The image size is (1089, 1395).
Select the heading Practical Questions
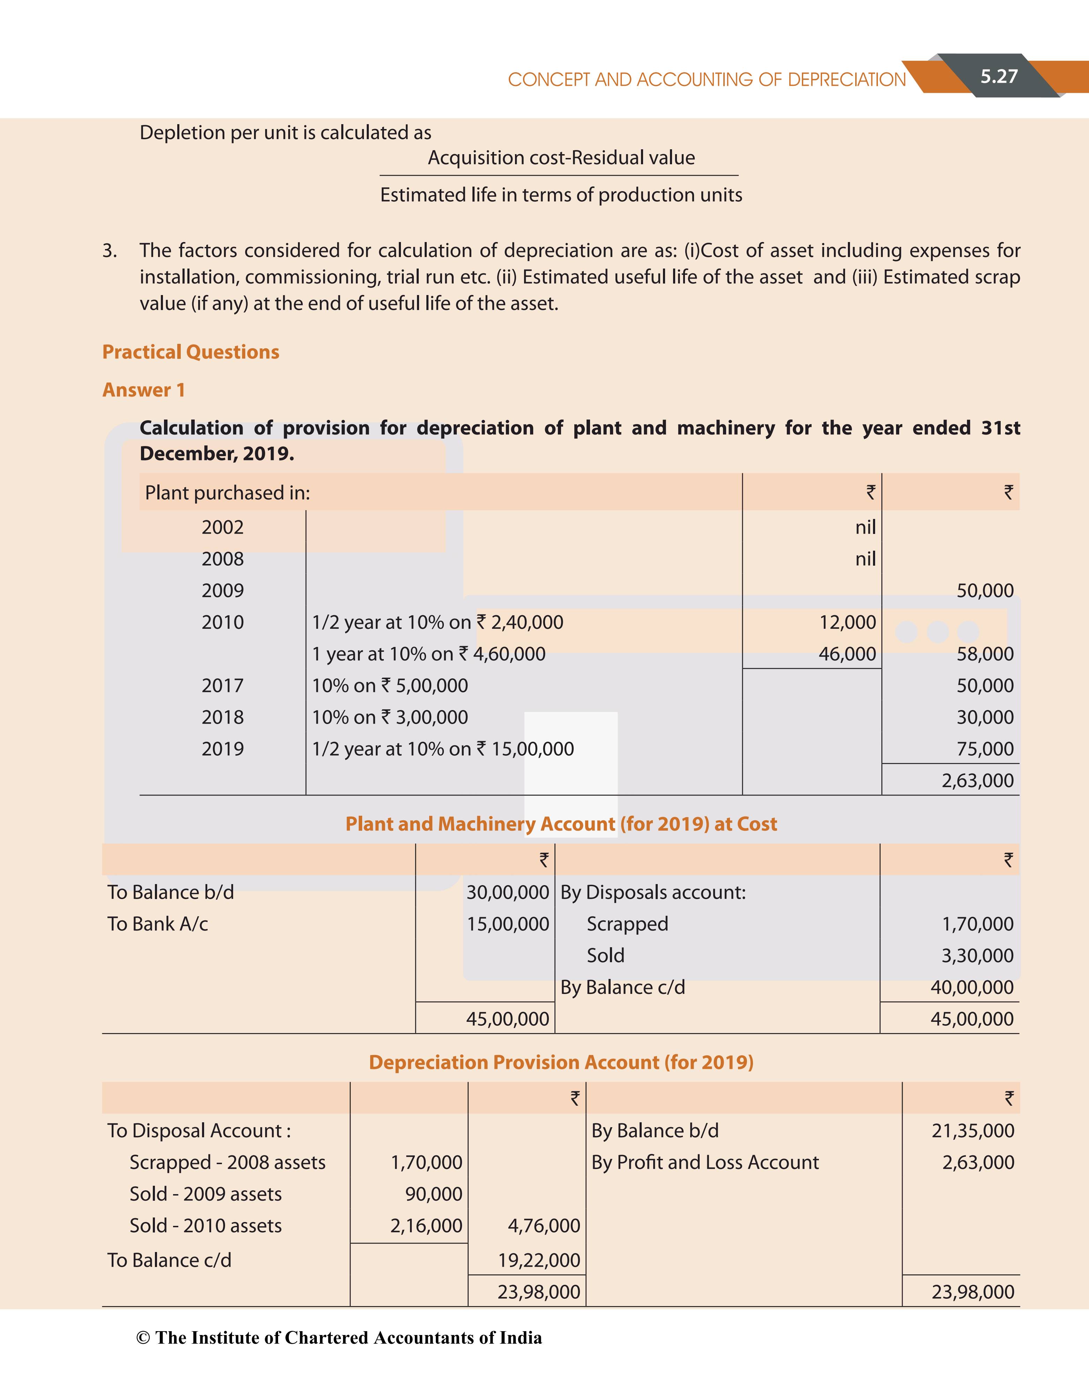pyautogui.click(x=191, y=352)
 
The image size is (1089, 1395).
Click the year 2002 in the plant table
pyautogui.click(x=222, y=528)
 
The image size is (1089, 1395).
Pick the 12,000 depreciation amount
pyautogui.click(x=848, y=622)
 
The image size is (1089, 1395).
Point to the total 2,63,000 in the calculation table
pyautogui.click(x=977, y=781)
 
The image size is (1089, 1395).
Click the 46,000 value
pyautogui.click(x=848, y=654)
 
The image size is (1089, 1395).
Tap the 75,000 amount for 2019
pyautogui.click(x=985, y=749)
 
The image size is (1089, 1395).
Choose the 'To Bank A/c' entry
pyautogui.click(x=158, y=924)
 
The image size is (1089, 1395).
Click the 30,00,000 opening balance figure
pyautogui.click(x=507, y=892)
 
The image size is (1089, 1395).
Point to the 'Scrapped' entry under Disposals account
pyautogui.click(x=627, y=924)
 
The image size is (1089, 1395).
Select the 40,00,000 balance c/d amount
pyautogui.click(x=971, y=988)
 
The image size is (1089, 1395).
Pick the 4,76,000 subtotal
pyautogui.click(x=544, y=1226)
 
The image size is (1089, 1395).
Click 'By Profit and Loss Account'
pyautogui.click(x=705, y=1162)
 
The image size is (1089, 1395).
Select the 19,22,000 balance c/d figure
pyautogui.click(x=539, y=1260)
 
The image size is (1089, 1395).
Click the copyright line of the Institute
pyautogui.click(x=339, y=1338)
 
